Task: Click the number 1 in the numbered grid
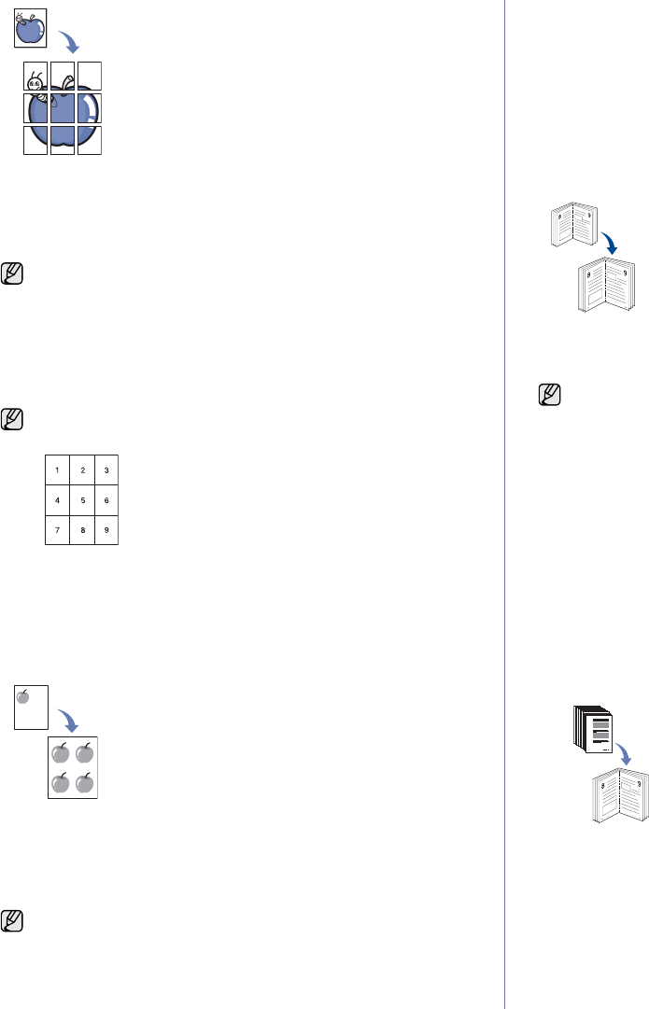(x=58, y=469)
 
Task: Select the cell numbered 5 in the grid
(x=82, y=499)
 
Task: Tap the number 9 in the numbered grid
(x=106, y=529)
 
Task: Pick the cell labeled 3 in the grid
(x=106, y=469)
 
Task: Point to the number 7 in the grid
(x=58, y=529)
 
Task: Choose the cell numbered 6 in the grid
(x=106, y=499)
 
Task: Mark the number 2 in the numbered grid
(x=82, y=469)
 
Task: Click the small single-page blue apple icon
(x=31, y=31)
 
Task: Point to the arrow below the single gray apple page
(x=67, y=720)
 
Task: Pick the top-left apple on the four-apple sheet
(x=62, y=752)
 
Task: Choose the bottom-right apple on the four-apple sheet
(x=85, y=782)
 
